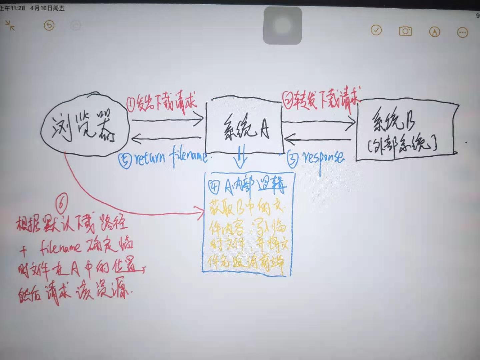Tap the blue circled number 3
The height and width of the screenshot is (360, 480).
click(292, 159)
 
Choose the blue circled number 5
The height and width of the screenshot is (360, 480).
click(125, 160)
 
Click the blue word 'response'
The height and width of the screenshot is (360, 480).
click(323, 157)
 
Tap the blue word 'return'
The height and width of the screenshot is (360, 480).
click(150, 158)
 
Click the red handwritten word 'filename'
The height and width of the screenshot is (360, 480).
click(60, 247)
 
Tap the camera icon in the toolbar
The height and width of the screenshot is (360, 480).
click(405, 31)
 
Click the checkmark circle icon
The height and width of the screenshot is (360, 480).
click(376, 30)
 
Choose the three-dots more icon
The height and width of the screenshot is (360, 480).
click(462, 32)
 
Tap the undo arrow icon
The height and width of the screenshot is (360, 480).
click(49, 25)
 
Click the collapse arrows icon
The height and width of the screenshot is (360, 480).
click(10, 25)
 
